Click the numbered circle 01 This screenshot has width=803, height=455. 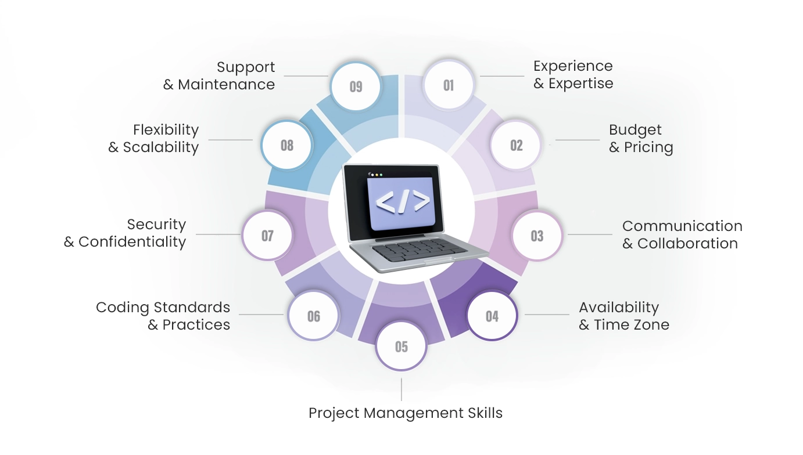click(x=449, y=85)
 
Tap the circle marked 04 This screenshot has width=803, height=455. click(x=492, y=315)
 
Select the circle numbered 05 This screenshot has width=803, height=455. click(x=401, y=346)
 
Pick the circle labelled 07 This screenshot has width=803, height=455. click(x=267, y=235)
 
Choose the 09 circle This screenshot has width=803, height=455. click(x=356, y=86)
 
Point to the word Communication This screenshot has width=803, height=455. click(x=682, y=226)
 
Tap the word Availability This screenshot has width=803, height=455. click(x=619, y=308)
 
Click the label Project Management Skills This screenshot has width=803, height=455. click(x=406, y=413)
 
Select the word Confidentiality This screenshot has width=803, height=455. click(x=132, y=242)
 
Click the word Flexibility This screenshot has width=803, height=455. click(x=166, y=130)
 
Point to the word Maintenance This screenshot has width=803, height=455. click(x=226, y=85)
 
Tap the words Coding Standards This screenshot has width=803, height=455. click(x=163, y=308)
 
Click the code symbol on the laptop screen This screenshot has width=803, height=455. click(x=403, y=201)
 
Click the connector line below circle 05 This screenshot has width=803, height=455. click(x=401, y=389)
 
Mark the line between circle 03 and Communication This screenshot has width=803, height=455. click(x=590, y=234)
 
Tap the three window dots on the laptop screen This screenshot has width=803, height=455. click(x=377, y=175)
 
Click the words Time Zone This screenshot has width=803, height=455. click(x=632, y=325)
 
